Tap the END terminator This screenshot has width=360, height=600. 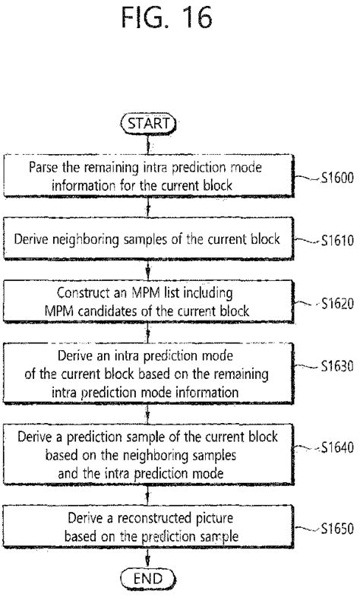[x=147, y=579]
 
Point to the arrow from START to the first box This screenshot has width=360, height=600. [x=148, y=142]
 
